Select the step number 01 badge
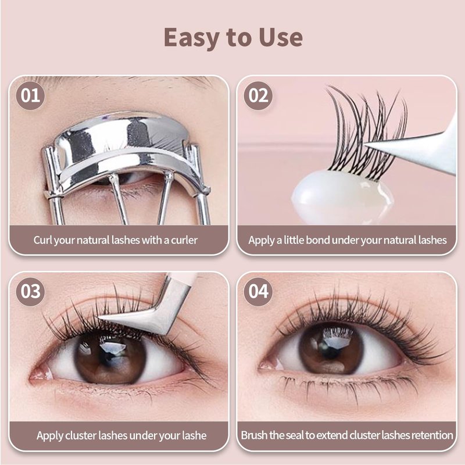click(30, 95)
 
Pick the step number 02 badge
click(258, 95)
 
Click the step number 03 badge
click(30, 291)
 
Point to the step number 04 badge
click(258, 291)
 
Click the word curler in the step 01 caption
click(184, 240)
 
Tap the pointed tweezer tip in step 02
click(366, 145)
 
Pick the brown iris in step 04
click(331, 348)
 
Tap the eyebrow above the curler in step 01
click(119, 80)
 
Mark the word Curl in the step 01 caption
click(42, 240)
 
